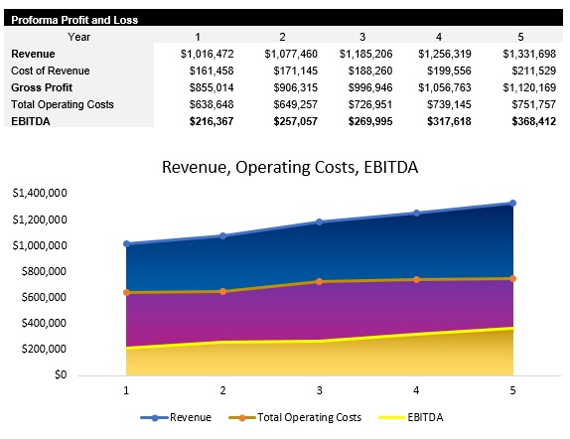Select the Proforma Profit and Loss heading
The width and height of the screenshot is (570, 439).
74,19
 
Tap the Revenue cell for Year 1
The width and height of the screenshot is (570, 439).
206,54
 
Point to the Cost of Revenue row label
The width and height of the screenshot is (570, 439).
50,71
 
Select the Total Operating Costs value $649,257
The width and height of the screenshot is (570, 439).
287,104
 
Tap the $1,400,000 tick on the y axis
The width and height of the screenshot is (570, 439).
39,193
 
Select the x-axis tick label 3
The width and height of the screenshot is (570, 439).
319,390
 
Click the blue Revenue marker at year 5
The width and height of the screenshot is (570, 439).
512,204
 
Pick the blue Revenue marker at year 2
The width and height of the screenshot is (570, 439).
222,235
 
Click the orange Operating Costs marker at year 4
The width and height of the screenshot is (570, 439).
416,279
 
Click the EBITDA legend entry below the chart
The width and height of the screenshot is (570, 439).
399,417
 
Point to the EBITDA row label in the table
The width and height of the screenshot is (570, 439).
32,121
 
